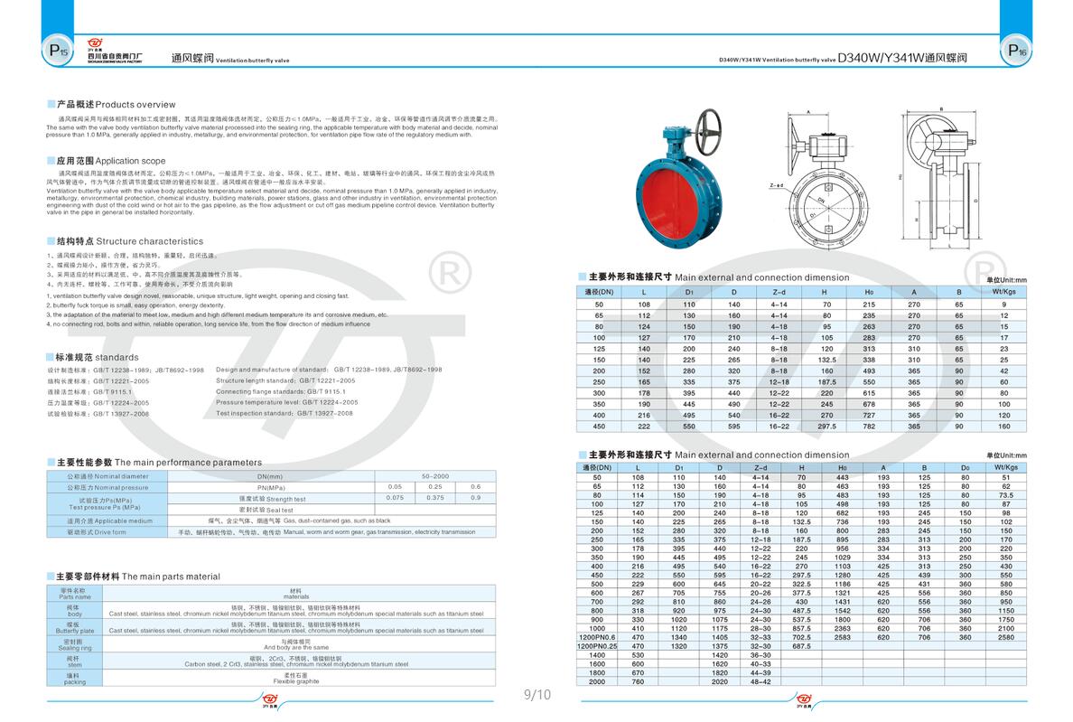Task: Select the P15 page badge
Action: [57, 52]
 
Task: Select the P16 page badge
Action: [1016, 52]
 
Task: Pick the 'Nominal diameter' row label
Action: [100, 476]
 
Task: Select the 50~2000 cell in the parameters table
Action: [435, 476]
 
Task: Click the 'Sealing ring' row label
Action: [75, 645]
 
